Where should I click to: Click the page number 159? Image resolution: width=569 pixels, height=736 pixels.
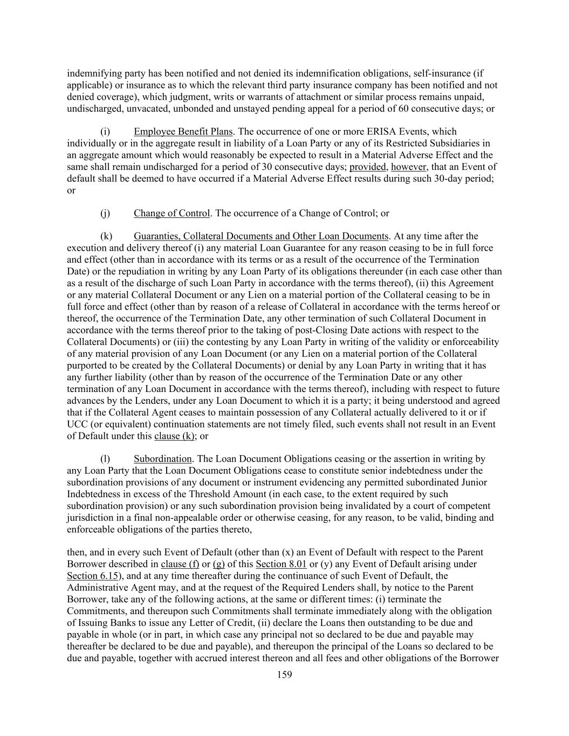point(284,674)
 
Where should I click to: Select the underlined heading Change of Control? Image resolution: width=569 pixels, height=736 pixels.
point(172,213)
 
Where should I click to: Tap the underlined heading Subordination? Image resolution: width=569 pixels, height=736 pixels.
point(162,459)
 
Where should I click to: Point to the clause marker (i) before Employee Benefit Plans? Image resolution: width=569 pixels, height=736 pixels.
point(105,132)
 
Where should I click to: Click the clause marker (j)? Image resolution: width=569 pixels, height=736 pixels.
point(105,213)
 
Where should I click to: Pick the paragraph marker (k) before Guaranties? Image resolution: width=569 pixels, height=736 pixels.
point(106,236)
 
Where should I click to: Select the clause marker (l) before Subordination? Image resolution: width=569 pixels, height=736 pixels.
point(105,459)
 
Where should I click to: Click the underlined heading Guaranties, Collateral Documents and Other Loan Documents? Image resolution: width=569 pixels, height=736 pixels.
point(260,236)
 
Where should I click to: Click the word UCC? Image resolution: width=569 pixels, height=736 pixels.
point(76,424)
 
